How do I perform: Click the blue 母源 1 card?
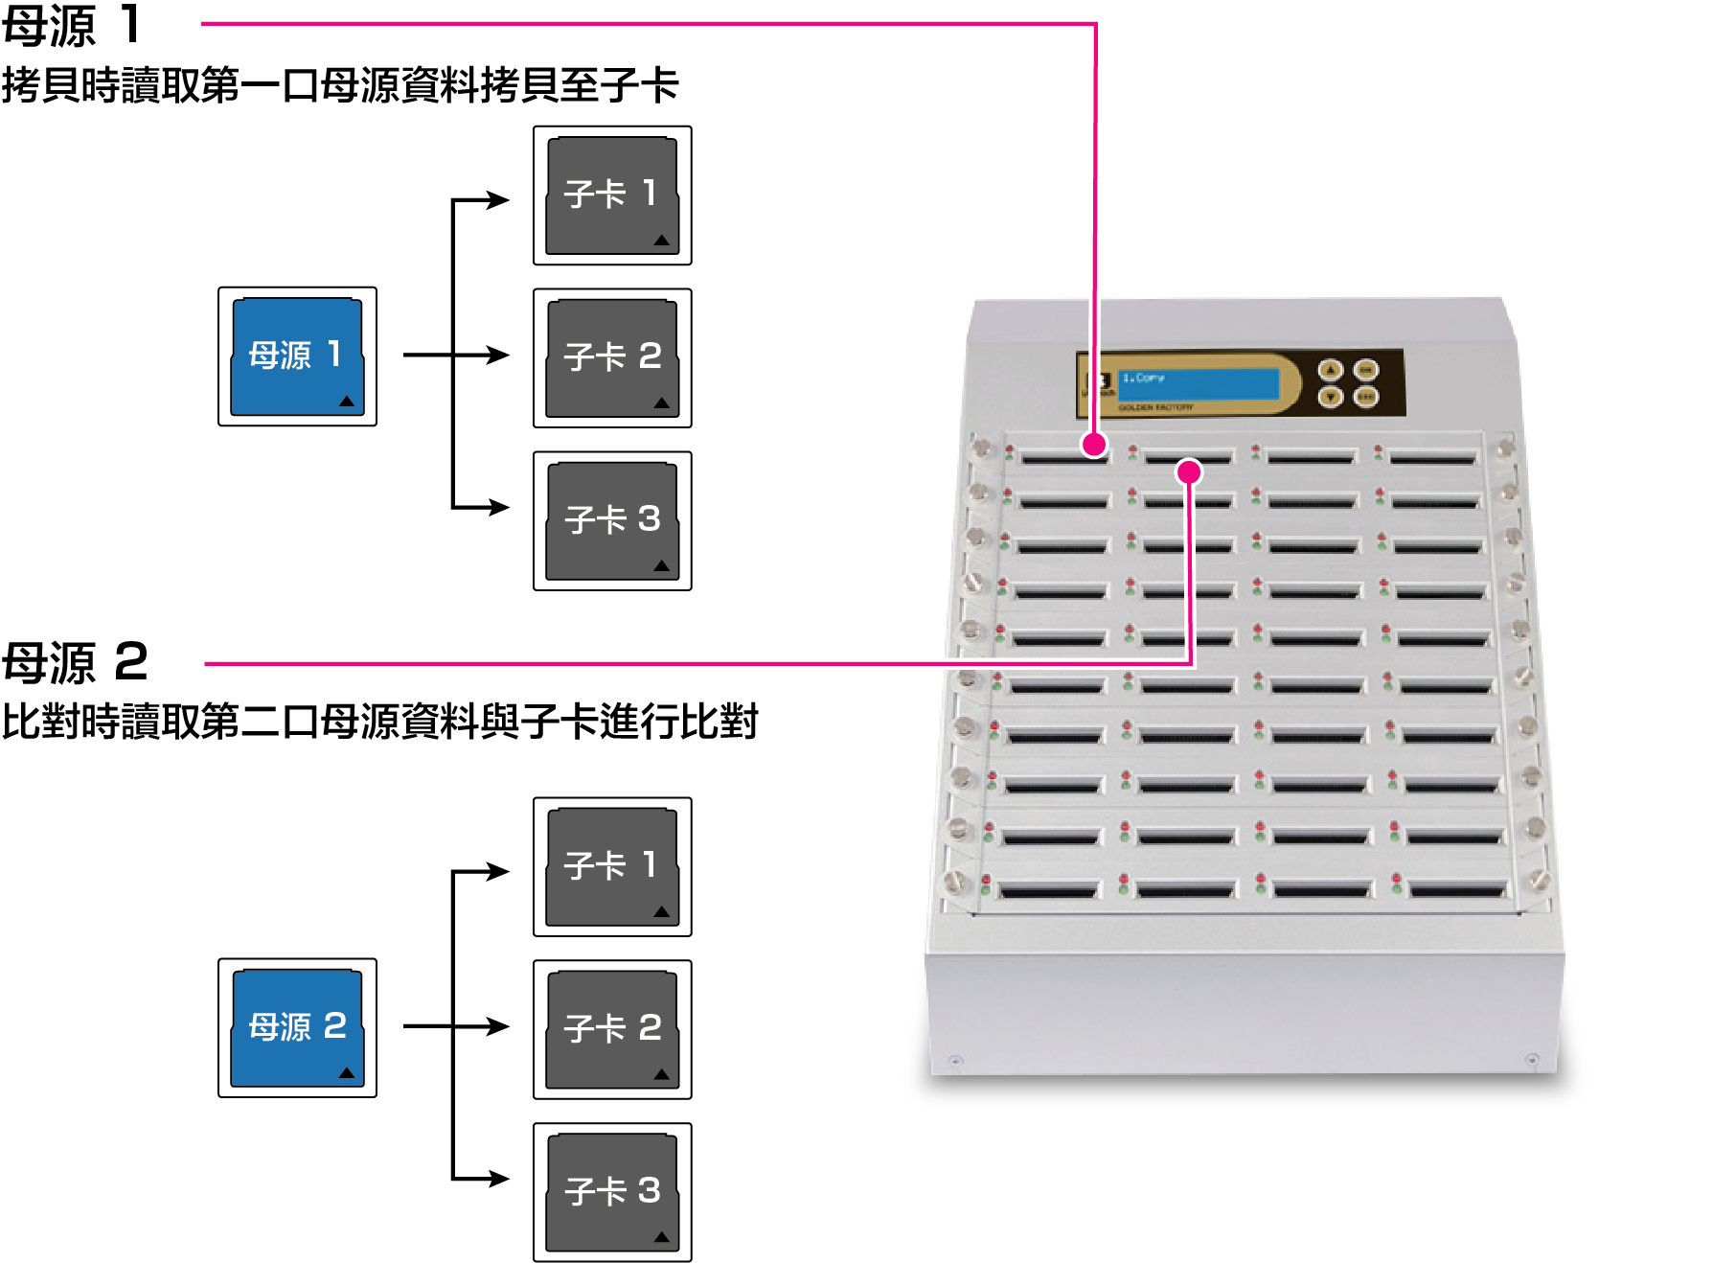click(x=297, y=356)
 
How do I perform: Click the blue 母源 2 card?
click(x=297, y=1027)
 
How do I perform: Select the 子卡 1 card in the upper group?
click(x=612, y=195)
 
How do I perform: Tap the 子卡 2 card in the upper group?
click(x=612, y=358)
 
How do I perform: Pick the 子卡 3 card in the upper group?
click(x=612, y=520)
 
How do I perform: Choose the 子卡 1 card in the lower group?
click(x=612, y=866)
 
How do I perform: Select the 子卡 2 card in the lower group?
click(x=612, y=1029)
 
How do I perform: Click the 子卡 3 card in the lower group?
click(x=612, y=1192)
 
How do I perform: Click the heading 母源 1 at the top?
click(x=72, y=25)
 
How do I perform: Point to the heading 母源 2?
click(x=75, y=662)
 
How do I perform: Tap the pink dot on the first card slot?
click(x=1094, y=444)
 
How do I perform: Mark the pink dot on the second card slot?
click(x=1189, y=471)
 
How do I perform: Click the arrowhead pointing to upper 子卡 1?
click(x=498, y=200)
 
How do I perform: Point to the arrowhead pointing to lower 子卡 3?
click(x=498, y=1178)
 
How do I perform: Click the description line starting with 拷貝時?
click(x=340, y=85)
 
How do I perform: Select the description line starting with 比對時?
click(x=379, y=722)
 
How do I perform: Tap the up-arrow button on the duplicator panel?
click(x=1330, y=371)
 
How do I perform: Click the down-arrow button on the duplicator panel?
click(x=1330, y=396)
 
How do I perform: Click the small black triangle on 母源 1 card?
click(x=347, y=402)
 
